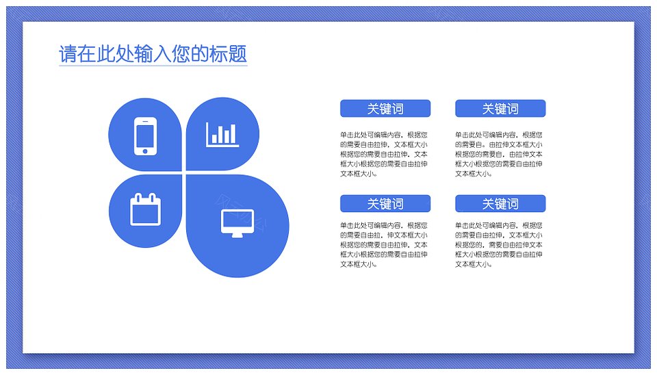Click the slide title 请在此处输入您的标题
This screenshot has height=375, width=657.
click(x=153, y=54)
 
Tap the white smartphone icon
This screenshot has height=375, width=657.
click(x=145, y=136)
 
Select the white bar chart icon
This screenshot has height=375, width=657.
click(x=222, y=135)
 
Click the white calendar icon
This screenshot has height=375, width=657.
click(x=145, y=209)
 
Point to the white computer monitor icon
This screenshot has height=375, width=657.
click(x=237, y=223)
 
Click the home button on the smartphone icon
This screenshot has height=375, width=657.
click(x=145, y=151)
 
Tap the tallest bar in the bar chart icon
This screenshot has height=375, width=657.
click(x=233, y=133)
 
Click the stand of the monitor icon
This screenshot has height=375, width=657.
click(x=237, y=235)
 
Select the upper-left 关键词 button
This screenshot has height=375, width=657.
click(x=385, y=109)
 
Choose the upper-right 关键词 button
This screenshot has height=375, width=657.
click(x=500, y=109)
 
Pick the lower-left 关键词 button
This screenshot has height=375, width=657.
click(x=385, y=204)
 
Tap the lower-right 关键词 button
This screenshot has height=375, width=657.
click(x=500, y=204)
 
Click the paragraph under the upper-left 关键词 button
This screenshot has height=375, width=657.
click(x=384, y=154)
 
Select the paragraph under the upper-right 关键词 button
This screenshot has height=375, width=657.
click(x=499, y=154)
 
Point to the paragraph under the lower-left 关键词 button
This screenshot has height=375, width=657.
click(x=384, y=245)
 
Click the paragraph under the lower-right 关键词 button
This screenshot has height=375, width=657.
click(x=499, y=245)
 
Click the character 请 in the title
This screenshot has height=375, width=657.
click(x=68, y=54)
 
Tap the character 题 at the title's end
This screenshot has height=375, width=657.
click(x=237, y=54)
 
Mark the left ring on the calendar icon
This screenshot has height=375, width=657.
click(x=137, y=197)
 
